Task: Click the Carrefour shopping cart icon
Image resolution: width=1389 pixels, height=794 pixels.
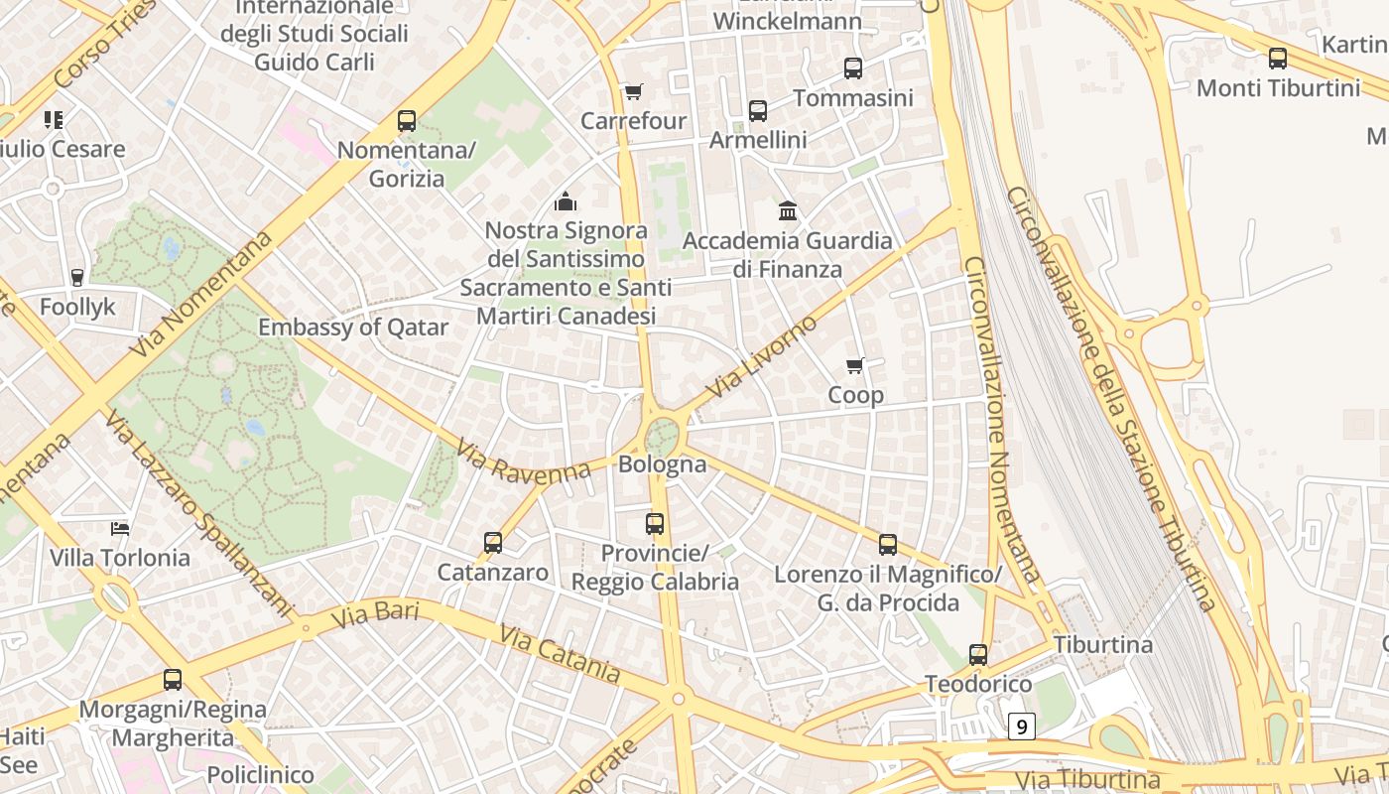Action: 633,91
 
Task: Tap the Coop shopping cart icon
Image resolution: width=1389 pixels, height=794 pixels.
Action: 855,365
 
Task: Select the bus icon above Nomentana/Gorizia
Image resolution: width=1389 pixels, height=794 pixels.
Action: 407,121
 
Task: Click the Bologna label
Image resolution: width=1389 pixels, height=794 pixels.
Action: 662,463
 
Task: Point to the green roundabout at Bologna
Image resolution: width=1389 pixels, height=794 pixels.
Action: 662,436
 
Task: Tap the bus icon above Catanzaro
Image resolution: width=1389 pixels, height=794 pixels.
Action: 493,542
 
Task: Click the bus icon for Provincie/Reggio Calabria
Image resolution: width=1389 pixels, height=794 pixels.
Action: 655,523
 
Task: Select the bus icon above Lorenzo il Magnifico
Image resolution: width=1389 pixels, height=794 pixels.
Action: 888,544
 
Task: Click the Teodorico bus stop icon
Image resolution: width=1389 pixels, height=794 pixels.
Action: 978,654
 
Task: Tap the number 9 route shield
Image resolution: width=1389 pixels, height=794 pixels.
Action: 1022,727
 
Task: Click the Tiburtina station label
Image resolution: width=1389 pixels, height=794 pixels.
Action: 1103,644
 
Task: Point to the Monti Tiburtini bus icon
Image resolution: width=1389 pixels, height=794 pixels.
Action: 1278,58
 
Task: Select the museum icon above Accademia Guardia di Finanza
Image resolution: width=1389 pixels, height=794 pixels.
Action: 788,210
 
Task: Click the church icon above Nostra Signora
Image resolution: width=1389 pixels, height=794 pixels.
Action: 566,201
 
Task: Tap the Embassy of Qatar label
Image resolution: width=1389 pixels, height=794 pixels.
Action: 353,327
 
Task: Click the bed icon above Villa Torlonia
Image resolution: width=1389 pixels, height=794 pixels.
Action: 120,528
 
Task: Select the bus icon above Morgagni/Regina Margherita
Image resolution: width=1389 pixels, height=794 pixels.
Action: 173,680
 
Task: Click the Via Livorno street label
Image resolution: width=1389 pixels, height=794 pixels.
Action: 762,356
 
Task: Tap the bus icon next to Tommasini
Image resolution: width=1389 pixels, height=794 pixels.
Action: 853,67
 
